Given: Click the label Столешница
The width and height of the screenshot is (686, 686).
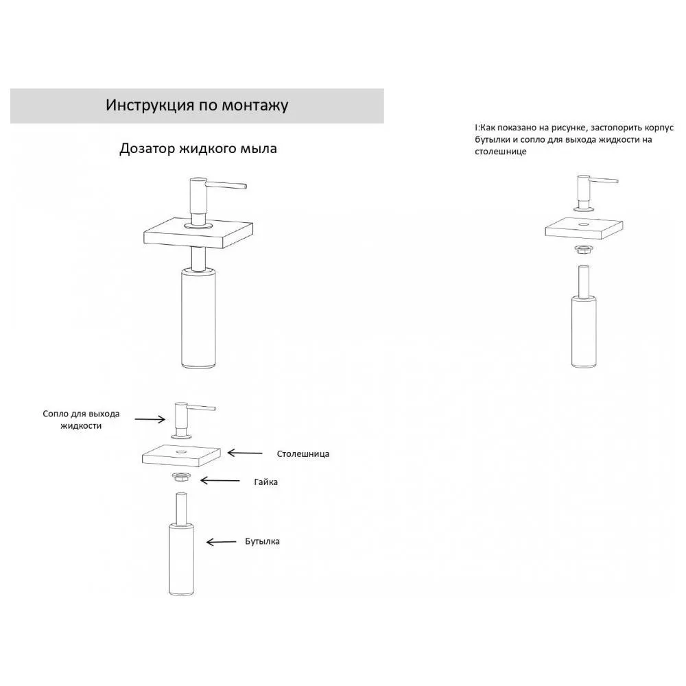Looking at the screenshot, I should point(303,454).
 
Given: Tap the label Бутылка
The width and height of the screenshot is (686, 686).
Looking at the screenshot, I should point(262,541).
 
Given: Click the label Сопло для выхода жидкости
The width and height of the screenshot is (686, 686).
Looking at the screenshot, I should point(81,420).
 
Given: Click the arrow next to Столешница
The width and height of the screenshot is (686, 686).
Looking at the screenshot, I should point(244,453).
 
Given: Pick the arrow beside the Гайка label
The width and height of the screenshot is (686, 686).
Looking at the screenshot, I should point(220,482).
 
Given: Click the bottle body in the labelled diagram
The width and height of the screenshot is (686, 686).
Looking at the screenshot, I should point(181,558).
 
